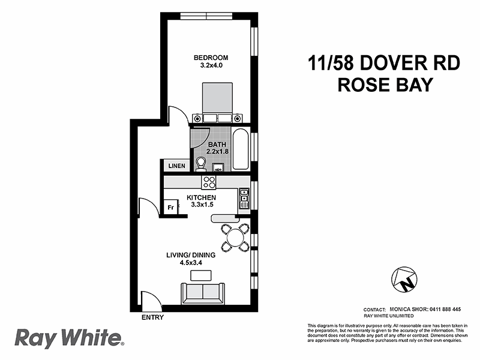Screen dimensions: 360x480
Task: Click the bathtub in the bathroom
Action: point(240,149)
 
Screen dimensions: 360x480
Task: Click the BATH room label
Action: point(217,145)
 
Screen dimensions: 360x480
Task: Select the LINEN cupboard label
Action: point(175,166)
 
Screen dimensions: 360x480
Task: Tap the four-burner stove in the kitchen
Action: point(209,181)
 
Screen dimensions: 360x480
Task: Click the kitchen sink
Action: point(244,195)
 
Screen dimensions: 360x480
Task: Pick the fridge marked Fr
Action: point(170,208)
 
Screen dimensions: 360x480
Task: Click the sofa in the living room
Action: point(202,293)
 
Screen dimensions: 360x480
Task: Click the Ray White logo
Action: point(68,338)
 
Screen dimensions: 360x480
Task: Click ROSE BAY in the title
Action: point(386,85)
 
